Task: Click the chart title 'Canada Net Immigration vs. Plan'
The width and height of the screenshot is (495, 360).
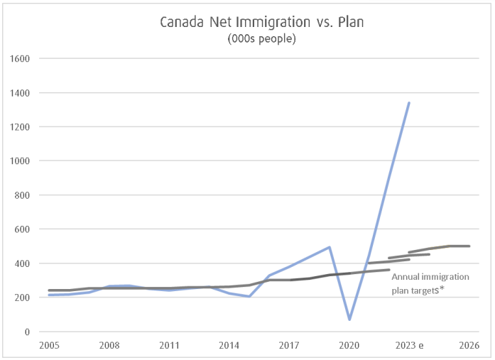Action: point(262,23)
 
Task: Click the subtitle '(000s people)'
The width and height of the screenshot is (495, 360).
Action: point(262,39)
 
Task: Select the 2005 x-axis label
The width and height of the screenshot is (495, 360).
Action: point(49,345)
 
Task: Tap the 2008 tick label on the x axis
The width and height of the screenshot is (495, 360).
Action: point(109,345)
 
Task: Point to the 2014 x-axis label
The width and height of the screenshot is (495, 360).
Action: point(229,345)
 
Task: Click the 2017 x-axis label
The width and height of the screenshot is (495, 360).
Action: point(289,345)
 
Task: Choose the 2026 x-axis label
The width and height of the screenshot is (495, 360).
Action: point(469,345)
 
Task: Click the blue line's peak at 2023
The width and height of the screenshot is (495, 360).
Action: point(409,103)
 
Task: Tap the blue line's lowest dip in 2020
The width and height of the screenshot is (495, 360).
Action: point(349,320)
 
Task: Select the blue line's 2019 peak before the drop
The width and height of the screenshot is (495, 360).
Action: point(330,247)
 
